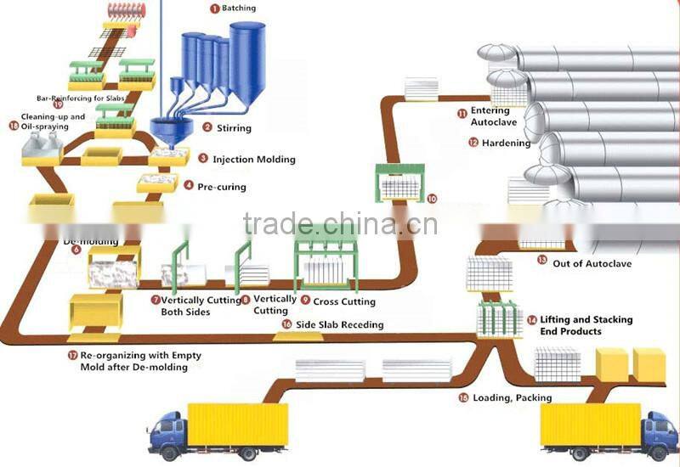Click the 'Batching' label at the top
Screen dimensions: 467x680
click(238, 8)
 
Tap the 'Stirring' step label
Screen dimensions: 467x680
click(234, 128)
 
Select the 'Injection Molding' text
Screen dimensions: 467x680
click(253, 159)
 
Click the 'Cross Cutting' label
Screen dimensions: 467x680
click(344, 301)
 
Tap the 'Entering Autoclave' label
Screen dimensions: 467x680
click(494, 117)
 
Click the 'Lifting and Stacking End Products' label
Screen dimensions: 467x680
click(586, 325)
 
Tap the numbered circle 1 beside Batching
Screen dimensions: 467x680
click(214, 8)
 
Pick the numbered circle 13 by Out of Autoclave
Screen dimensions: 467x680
click(542, 261)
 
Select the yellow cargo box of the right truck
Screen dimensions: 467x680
click(590, 424)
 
